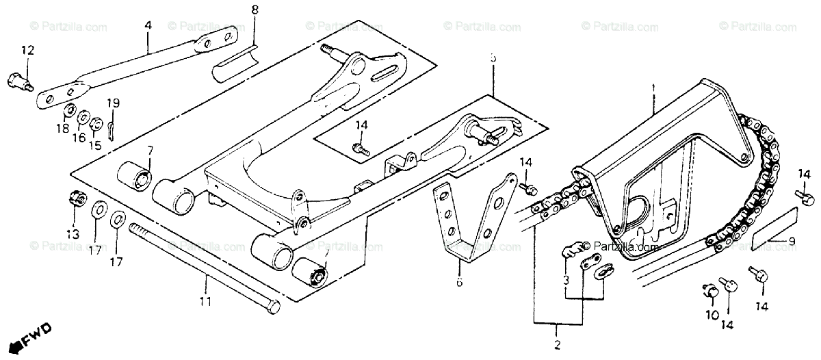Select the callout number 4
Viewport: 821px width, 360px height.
[147, 25]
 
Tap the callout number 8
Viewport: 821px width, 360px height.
[255, 10]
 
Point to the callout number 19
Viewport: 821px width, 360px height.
[113, 103]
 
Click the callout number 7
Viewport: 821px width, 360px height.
[150, 150]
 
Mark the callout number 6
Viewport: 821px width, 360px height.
[459, 282]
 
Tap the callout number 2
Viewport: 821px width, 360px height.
[557, 344]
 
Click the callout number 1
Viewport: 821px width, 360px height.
[653, 89]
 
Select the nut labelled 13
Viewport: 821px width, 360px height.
[77, 199]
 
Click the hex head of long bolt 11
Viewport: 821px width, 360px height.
[271, 307]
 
